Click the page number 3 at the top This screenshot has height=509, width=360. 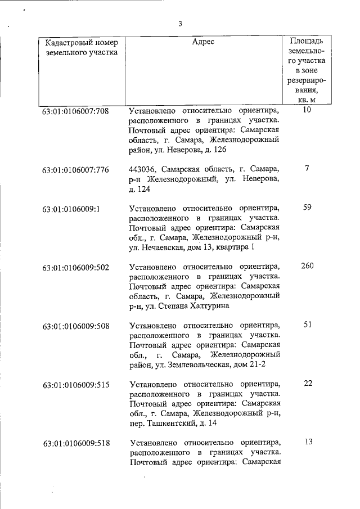click(180, 24)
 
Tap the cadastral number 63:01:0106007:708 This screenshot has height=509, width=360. click(75, 111)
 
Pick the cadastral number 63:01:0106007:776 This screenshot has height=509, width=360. click(75, 169)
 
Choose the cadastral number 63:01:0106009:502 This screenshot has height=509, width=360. click(75, 267)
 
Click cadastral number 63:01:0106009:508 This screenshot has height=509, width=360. click(75, 326)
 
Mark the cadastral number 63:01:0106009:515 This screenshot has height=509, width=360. click(75, 385)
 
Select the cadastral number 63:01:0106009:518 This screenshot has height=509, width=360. click(75, 443)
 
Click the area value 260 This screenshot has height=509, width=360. click(307, 265)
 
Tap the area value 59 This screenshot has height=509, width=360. click(307, 207)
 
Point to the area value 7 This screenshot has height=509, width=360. click(307, 168)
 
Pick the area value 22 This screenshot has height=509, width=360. click(307, 383)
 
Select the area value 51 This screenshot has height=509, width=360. click(307, 325)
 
